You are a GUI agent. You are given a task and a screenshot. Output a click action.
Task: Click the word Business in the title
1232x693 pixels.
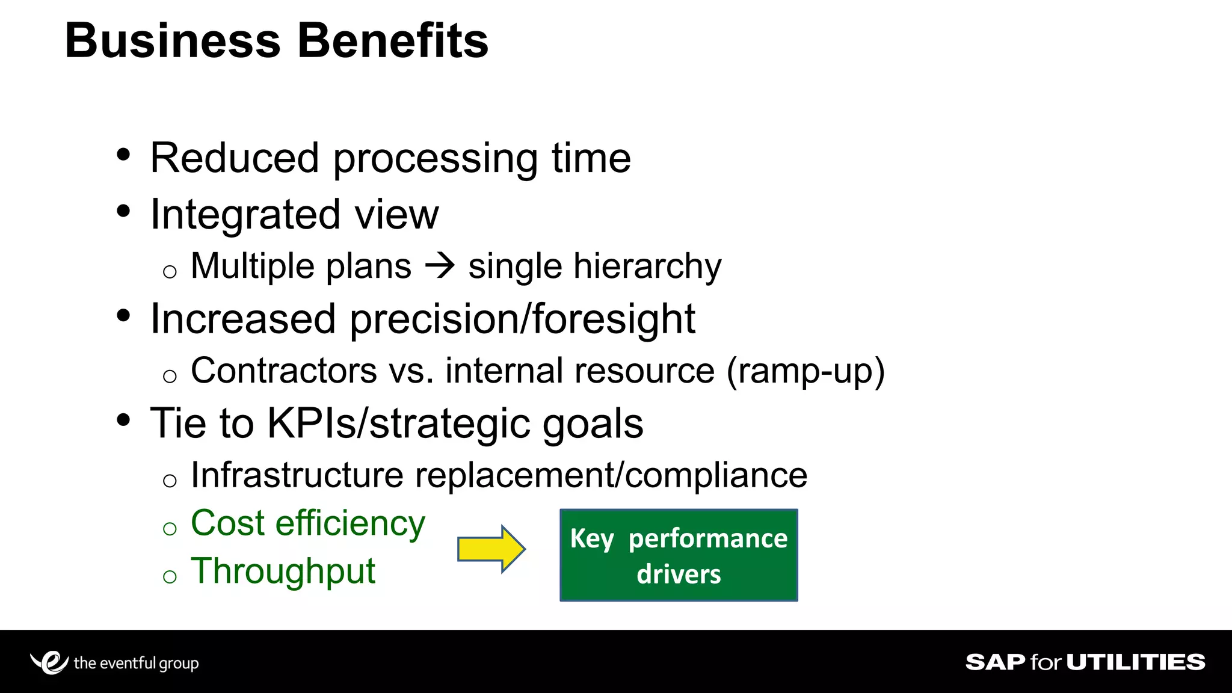173,41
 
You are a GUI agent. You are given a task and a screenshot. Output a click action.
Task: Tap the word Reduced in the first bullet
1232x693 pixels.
234,158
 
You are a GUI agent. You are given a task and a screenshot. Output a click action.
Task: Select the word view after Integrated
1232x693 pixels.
396,215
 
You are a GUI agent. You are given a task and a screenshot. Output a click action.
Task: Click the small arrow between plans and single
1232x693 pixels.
440,266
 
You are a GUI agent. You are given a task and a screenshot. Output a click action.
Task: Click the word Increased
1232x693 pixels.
242,319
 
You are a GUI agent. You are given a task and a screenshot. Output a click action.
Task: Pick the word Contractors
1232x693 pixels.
283,371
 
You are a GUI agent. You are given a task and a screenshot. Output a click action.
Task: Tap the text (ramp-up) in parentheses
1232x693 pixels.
805,371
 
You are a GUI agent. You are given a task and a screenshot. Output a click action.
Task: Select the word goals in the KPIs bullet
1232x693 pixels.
593,424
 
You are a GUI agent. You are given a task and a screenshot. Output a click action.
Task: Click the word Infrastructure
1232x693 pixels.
297,475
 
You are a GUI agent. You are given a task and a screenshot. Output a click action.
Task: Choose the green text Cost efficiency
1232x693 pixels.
307,523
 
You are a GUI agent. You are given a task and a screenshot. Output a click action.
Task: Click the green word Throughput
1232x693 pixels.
283,571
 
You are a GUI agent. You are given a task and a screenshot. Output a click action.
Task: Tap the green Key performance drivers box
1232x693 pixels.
679,555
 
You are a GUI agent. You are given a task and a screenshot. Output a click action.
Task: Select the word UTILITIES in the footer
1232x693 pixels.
1136,662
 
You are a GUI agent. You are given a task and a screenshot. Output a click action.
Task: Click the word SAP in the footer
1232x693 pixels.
995,662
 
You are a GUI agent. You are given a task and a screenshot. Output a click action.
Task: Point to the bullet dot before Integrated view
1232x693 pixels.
123,211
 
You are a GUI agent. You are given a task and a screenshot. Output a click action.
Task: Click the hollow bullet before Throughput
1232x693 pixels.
170,577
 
